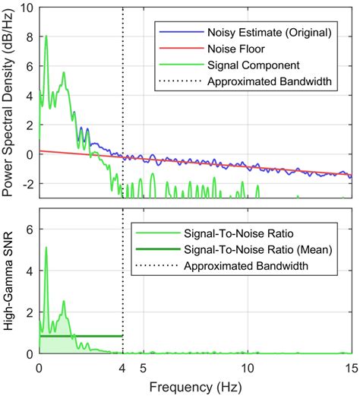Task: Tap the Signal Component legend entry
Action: click(253, 64)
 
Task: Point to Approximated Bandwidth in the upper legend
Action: click(269, 81)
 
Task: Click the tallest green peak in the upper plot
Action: click(46, 36)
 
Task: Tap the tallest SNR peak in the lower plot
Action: click(46, 248)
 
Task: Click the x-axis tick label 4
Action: click(122, 367)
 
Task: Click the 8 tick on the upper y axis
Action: click(29, 37)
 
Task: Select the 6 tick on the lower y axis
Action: click(29, 229)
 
